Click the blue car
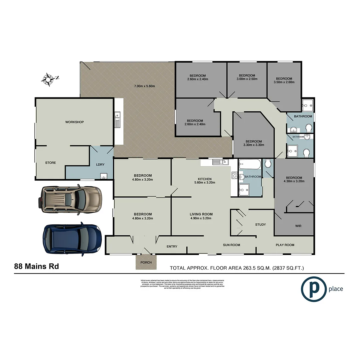72,238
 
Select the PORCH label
146,262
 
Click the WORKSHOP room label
74,122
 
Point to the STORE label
51,163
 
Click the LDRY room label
100,165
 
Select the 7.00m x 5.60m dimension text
145,86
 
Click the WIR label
298,226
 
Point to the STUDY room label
260,224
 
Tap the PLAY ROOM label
285,245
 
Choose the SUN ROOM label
231,245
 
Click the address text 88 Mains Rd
36,266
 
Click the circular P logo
313,289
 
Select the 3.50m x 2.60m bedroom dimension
284,82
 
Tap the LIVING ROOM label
201,214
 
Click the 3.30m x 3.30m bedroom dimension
252,145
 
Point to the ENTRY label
172,246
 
